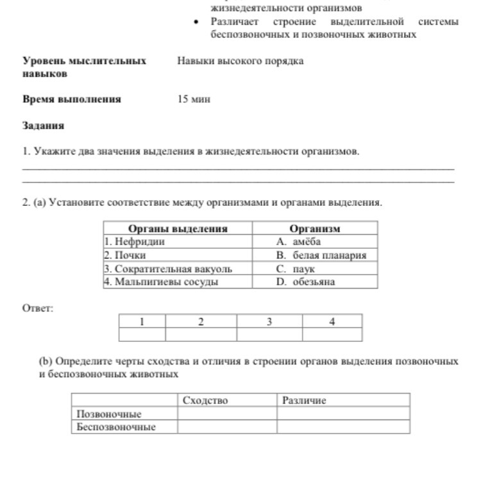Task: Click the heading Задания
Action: (x=43, y=126)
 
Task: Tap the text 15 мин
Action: (x=194, y=99)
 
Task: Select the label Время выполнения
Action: (x=71, y=99)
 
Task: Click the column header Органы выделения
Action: (x=178, y=228)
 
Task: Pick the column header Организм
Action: (x=315, y=228)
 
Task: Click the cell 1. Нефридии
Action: (x=135, y=242)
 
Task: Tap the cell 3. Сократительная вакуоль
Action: (x=168, y=269)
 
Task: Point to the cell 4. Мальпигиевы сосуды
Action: (x=161, y=282)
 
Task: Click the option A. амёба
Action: (x=298, y=242)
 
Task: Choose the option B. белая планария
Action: (x=321, y=255)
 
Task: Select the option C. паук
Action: (x=295, y=269)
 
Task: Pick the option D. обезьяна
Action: (x=305, y=282)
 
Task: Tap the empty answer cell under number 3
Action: (x=269, y=334)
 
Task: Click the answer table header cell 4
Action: (x=332, y=321)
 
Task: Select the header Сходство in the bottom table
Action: (x=205, y=401)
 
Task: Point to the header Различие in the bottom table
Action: (x=304, y=401)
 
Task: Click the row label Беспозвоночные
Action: (x=116, y=427)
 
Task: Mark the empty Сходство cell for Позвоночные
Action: (x=227, y=414)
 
